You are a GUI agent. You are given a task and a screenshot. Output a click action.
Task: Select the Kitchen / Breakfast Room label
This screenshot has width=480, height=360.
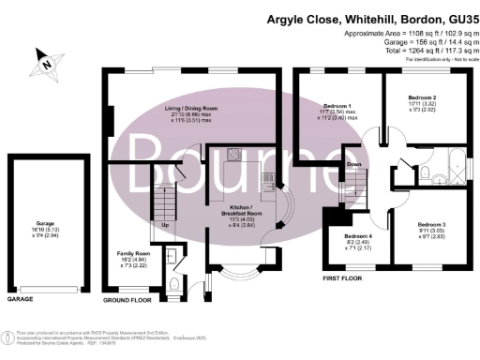[x=242, y=212]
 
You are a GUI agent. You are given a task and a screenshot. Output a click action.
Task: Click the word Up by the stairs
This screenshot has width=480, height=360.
[x=166, y=225]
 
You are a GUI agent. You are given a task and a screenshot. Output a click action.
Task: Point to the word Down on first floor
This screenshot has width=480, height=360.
[x=354, y=164]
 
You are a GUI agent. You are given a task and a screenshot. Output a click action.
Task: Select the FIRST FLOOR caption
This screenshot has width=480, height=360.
[x=341, y=278]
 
